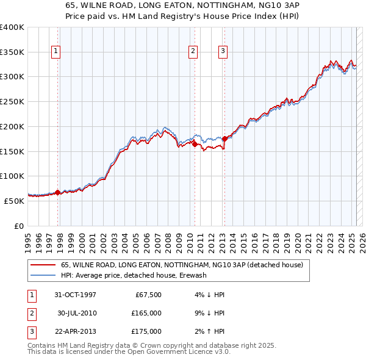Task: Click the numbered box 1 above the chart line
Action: click(56, 52)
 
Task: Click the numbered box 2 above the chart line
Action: click(193, 52)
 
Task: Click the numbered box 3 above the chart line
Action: click(223, 52)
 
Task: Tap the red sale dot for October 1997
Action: click(58, 192)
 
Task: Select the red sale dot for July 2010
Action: click(195, 145)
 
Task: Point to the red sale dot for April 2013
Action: click(224, 139)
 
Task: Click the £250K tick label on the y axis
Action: click(12, 101)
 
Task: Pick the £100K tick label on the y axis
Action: click(12, 176)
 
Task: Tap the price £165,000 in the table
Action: click(146, 313)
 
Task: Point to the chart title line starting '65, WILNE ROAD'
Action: click(183, 4)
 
